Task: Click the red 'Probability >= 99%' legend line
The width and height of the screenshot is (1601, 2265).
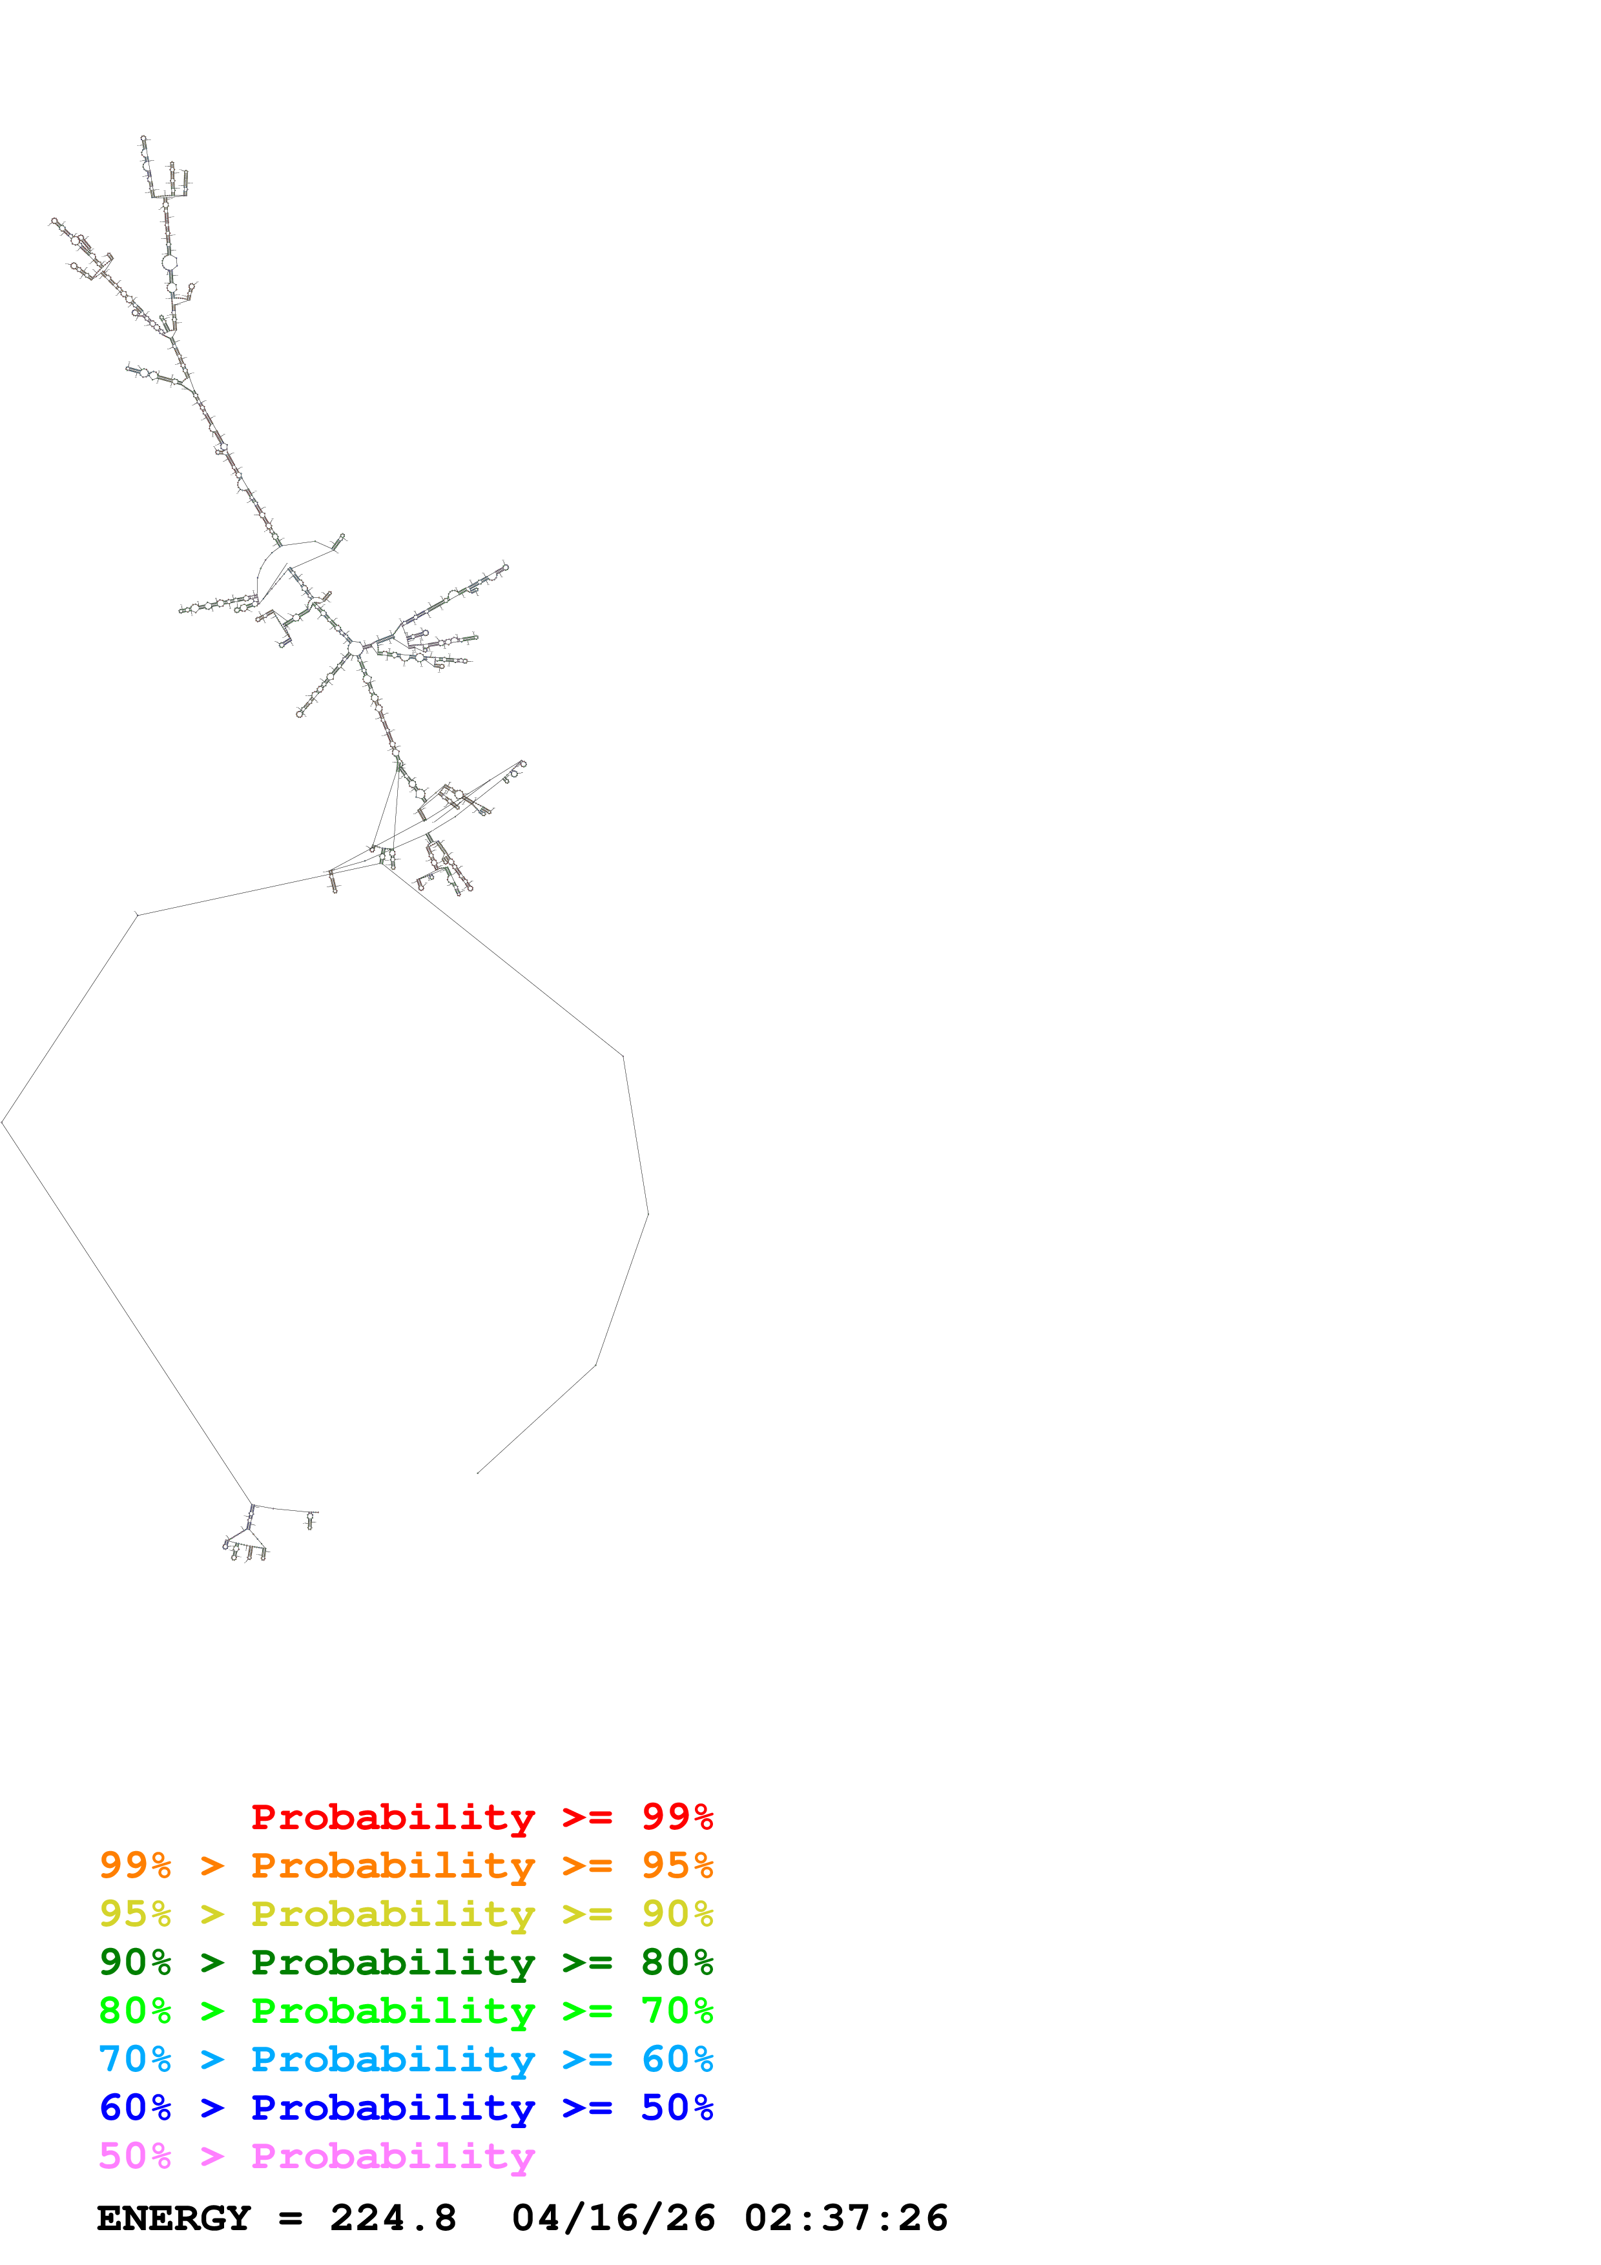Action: [x=481, y=1817]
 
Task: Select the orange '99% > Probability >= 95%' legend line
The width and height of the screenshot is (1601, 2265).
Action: [x=406, y=1865]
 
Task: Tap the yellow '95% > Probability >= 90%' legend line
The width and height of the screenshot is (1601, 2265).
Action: [x=406, y=1914]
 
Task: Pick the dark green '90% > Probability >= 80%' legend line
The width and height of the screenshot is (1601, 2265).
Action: [x=406, y=1962]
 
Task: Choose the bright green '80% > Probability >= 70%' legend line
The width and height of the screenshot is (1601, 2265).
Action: [x=406, y=2011]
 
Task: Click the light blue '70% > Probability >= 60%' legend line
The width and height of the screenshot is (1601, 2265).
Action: [x=406, y=2059]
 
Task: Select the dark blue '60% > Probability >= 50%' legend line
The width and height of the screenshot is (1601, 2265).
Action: [x=406, y=2107]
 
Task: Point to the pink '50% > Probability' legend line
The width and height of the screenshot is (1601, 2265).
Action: [x=316, y=2155]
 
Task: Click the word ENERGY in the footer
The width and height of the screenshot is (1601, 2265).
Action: [x=174, y=2219]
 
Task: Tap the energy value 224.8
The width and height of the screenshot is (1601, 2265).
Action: [x=393, y=2219]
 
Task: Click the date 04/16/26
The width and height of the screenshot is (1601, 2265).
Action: [x=613, y=2219]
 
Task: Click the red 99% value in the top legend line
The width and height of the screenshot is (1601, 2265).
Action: [x=677, y=1817]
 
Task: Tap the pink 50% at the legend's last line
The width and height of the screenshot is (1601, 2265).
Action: [x=135, y=2155]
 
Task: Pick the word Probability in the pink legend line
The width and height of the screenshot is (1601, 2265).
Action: [x=393, y=2155]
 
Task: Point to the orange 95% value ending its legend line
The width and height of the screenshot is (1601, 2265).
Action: [x=677, y=1865]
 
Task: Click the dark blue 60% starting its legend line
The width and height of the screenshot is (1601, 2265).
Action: [x=135, y=2107]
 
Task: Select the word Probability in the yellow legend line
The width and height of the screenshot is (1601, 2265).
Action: [x=393, y=1914]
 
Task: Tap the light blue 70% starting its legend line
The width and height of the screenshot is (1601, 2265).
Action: [x=135, y=2059]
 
